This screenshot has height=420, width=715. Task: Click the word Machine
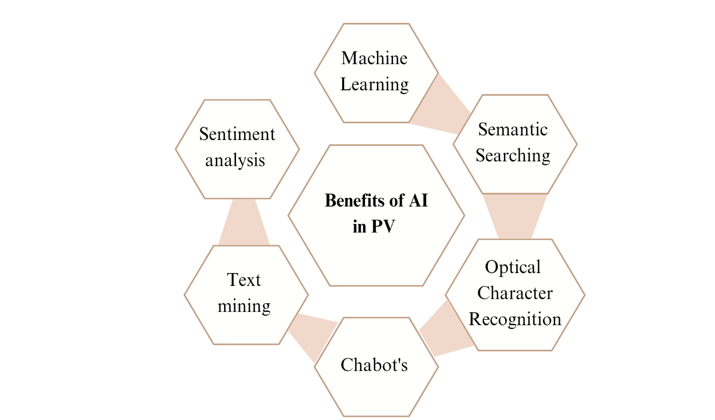tap(374, 59)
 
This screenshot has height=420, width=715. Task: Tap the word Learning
tap(374, 85)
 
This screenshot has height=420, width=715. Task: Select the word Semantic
tap(513, 130)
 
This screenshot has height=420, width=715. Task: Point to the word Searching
tap(513, 156)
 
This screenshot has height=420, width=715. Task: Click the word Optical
tap(513, 268)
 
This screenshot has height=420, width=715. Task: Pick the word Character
tap(515, 293)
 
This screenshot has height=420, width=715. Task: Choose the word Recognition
tap(515, 319)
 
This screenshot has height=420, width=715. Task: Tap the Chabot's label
tap(374, 365)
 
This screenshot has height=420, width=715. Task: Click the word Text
tap(243, 280)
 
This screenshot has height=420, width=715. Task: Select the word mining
tap(244, 306)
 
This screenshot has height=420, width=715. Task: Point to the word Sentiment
tap(237, 135)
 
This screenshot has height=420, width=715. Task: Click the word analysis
tap(235, 161)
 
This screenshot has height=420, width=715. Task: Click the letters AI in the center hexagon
tap(418, 201)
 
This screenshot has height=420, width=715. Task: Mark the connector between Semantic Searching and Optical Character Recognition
tap(515, 216)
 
